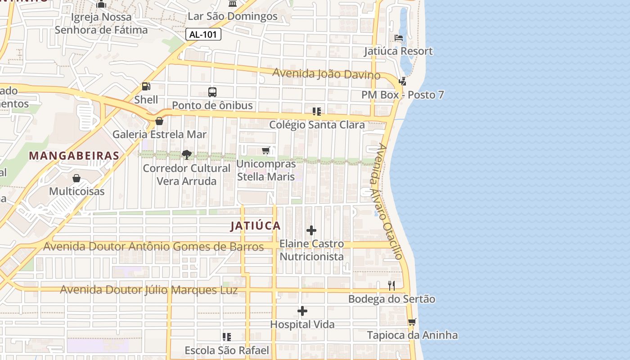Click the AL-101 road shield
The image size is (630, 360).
(x=203, y=34)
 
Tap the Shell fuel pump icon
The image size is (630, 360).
(x=146, y=86)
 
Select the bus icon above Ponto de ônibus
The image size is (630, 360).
(x=212, y=92)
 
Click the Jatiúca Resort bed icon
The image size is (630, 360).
(x=399, y=38)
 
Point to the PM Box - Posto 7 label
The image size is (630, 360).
(x=402, y=95)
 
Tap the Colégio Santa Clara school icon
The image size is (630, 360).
(x=317, y=112)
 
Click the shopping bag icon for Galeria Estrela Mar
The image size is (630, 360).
(x=159, y=121)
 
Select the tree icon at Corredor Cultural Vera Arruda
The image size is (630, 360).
(x=186, y=155)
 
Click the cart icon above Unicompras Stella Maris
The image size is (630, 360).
(x=266, y=150)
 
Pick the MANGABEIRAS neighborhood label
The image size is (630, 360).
(x=74, y=156)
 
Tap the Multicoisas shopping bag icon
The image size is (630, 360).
(x=76, y=178)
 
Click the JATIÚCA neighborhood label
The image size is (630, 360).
(x=256, y=226)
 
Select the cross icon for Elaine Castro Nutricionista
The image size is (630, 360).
(x=311, y=231)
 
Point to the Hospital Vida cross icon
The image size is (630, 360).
(x=302, y=311)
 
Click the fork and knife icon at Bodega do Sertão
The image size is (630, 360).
(x=391, y=285)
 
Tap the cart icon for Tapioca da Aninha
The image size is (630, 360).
(x=412, y=322)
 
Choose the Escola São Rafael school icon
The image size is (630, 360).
(x=227, y=337)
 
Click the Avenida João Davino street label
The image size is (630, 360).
(x=327, y=74)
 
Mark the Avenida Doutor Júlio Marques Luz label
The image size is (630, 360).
(x=148, y=290)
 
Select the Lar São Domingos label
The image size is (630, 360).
(x=233, y=16)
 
